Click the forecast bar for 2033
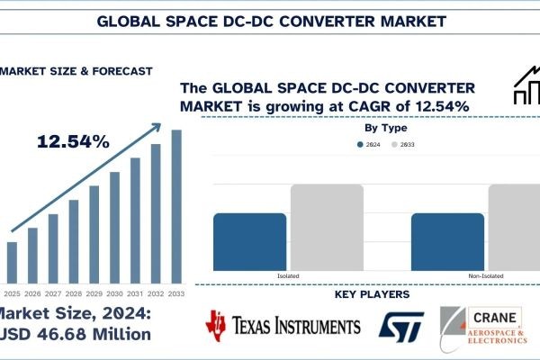(176, 207)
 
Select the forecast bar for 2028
(74, 241)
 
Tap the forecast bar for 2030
(115, 228)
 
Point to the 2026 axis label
(32, 292)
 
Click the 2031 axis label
(135, 292)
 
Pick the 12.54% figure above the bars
(74, 141)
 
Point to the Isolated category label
(288, 274)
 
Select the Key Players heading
(372, 294)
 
